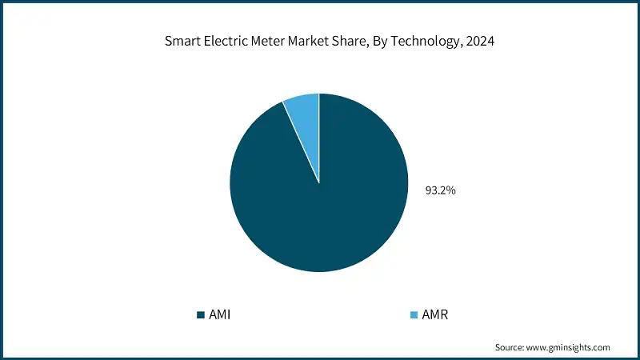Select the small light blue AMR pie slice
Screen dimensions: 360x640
(x=303, y=112)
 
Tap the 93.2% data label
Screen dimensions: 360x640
(x=440, y=190)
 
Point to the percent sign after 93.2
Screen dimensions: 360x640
(x=452, y=190)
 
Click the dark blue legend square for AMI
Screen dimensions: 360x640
(x=200, y=314)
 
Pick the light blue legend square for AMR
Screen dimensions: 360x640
(x=414, y=314)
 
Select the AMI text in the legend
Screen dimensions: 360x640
(x=220, y=314)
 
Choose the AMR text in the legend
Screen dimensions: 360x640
(x=435, y=314)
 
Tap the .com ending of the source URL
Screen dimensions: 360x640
(x=601, y=347)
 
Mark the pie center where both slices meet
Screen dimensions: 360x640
(x=319, y=182)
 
